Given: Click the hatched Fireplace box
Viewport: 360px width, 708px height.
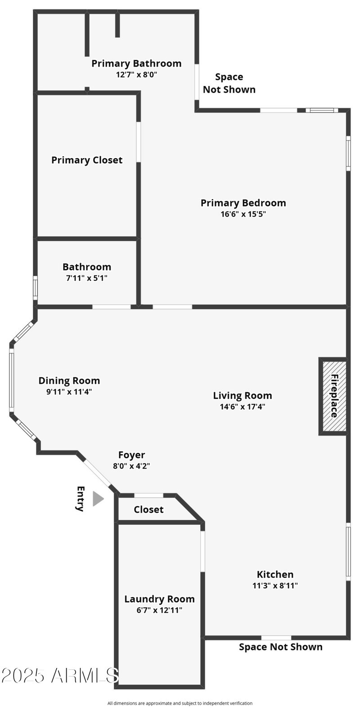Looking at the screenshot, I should [x=333, y=396].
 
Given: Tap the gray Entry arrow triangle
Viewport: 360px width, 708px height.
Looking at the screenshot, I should [x=98, y=499].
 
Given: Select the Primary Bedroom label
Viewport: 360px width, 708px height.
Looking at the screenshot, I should [x=243, y=203].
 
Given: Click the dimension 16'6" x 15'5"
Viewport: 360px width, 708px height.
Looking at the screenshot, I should [x=243, y=214].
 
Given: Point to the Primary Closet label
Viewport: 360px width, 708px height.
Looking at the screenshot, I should [x=87, y=160].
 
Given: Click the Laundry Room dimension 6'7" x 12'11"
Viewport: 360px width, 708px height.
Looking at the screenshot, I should [x=159, y=610].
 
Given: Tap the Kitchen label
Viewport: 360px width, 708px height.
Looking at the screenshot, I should [x=275, y=574].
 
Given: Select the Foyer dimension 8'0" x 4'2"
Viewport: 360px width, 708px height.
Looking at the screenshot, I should [x=131, y=466].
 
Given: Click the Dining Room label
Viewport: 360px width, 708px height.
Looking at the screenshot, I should [x=69, y=381].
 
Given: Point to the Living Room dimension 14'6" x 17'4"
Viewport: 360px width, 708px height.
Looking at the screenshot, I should [x=243, y=406].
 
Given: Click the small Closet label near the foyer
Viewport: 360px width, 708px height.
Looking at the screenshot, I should [x=148, y=510].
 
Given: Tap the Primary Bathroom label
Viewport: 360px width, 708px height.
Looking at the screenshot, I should [x=136, y=63].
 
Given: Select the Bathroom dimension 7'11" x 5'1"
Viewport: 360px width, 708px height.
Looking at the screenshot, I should [x=86, y=278].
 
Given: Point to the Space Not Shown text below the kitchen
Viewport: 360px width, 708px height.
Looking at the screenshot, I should [x=280, y=647].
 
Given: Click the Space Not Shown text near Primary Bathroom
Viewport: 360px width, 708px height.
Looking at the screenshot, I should [x=229, y=83].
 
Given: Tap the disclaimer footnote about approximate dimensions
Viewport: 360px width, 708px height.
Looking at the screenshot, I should [x=180, y=703].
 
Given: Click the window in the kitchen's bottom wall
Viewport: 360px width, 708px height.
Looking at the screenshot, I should [x=276, y=637].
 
